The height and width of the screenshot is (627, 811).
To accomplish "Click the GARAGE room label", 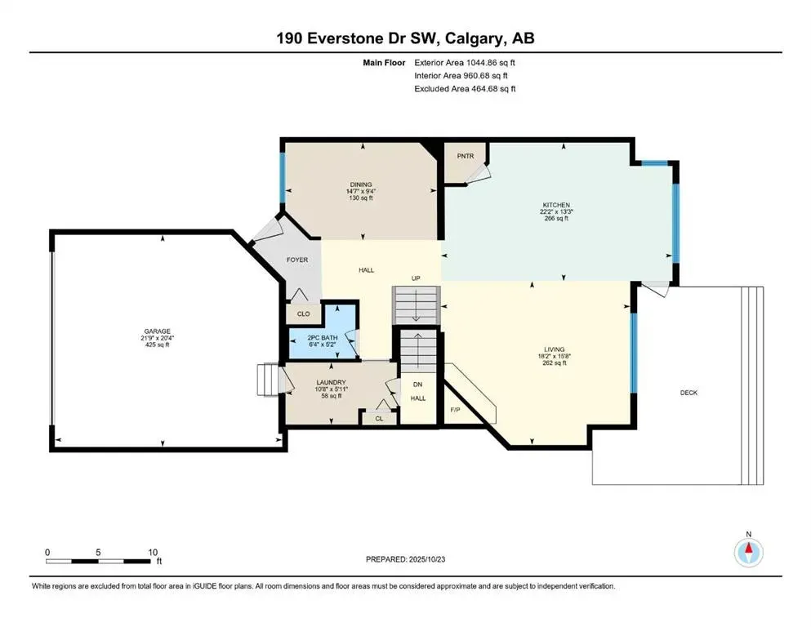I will (x=158, y=331).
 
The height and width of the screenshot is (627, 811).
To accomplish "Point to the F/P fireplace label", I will (x=455, y=410).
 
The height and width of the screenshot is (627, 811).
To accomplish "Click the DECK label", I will (x=688, y=393).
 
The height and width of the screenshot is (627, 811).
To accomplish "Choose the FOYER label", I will (x=297, y=260).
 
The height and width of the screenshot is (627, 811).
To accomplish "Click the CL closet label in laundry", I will (x=378, y=418).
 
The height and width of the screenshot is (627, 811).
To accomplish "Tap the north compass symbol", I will (x=747, y=551).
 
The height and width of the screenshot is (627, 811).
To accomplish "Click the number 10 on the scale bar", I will (x=152, y=552).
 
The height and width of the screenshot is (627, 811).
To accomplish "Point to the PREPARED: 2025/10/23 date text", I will (x=405, y=559).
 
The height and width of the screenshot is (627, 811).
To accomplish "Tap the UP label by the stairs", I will (x=416, y=278).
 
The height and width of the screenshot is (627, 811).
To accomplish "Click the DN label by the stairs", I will (x=417, y=385).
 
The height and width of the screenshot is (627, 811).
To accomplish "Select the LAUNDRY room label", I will (x=332, y=382).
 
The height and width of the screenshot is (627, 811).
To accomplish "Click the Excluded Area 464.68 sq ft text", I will (x=465, y=88).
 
